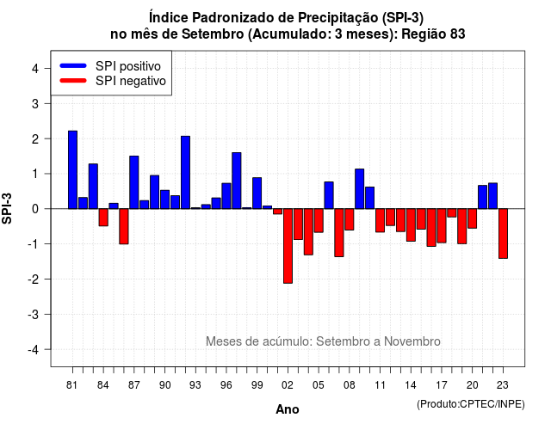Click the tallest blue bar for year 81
tap(72, 170)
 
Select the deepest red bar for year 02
tap(288, 246)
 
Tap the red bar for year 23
tap(503, 233)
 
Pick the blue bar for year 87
tap(134, 182)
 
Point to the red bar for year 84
tap(103, 218)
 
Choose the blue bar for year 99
tap(257, 193)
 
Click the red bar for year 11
tap(381, 220)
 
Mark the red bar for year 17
tap(442, 225)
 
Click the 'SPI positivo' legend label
tap(128, 66)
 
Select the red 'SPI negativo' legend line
tap(73, 81)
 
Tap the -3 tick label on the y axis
tap(33, 314)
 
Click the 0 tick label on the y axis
tap(35, 209)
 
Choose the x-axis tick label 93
tap(195, 385)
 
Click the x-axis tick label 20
tap(473, 385)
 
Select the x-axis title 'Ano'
tap(288, 409)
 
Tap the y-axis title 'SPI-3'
tap(7, 208)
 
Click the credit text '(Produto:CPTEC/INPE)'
tap(471, 404)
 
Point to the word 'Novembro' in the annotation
tap(412, 341)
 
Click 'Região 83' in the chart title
tap(433, 34)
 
